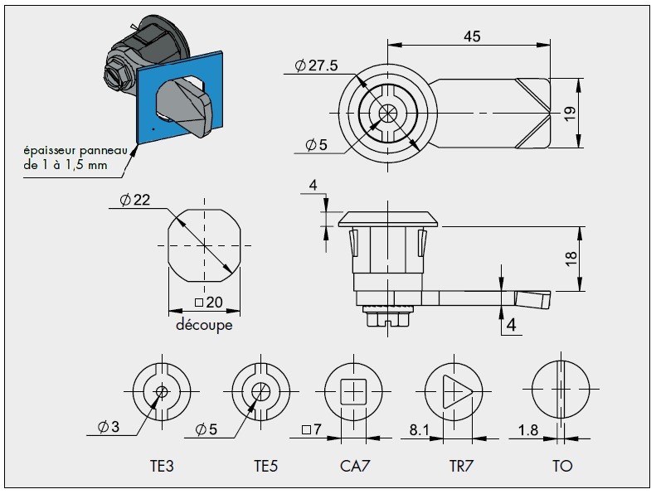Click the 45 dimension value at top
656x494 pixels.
pyautogui.click(x=472, y=36)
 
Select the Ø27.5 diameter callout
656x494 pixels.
pyautogui.click(x=316, y=67)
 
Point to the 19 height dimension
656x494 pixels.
pyautogui.click(x=569, y=114)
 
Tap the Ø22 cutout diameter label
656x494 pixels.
pyautogui.click(x=134, y=201)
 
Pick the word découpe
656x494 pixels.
pyautogui.click(x=204, y=325)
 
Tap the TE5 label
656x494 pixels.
pyautogui.click(x=265, y=466)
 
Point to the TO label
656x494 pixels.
pyautogui.click(x=562, y=466)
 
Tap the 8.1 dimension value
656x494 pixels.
pyautogui.click(x=420, y=431)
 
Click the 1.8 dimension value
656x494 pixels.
pyautogui.click(x=528, y=431)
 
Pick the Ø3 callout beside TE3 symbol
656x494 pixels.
pyautogui.click(x=108, y=428)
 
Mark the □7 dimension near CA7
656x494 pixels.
pyautogui.click(x=312, y=430)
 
